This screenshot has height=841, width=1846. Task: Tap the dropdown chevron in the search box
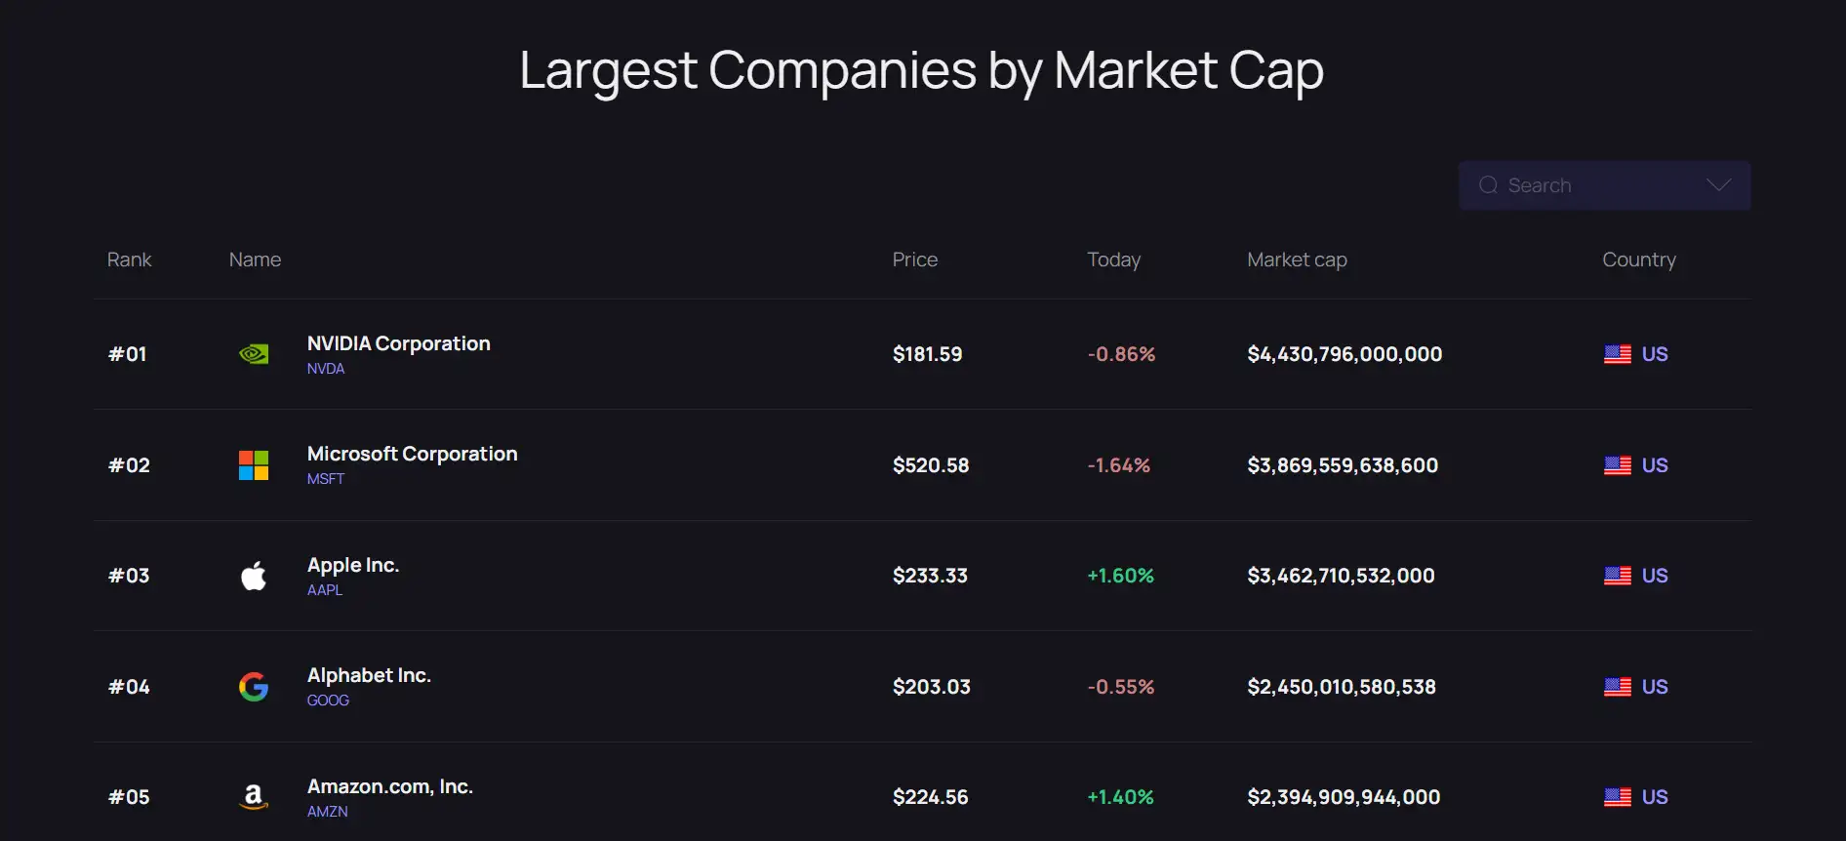(1718, 185)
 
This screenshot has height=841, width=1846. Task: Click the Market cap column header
(1297, 260)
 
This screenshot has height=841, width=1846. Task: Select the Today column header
(1113, 260)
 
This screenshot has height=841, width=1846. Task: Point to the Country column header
(1638, 260)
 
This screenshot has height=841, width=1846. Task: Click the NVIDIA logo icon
(254, 354)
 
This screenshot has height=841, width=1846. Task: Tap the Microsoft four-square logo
(254, 465)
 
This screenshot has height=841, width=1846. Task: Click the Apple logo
(254, 576)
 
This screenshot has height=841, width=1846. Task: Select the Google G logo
(254, 687)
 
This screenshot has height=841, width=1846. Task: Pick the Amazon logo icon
(254, 797)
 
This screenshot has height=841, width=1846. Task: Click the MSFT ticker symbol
(326, 479)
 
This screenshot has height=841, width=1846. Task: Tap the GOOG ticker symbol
(328, 701)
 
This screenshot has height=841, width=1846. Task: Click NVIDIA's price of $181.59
(927, 354)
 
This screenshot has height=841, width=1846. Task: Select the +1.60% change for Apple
(1120, 576)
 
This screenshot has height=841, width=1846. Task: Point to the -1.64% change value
(1118, 465)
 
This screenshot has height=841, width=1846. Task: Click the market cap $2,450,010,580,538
(1342, 687)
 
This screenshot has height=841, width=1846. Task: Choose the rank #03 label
(129, 576)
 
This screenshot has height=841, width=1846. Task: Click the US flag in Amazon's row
(1617, 797)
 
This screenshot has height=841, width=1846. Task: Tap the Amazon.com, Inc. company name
(389, 786)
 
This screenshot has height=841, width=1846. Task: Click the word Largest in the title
(608, 70)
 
